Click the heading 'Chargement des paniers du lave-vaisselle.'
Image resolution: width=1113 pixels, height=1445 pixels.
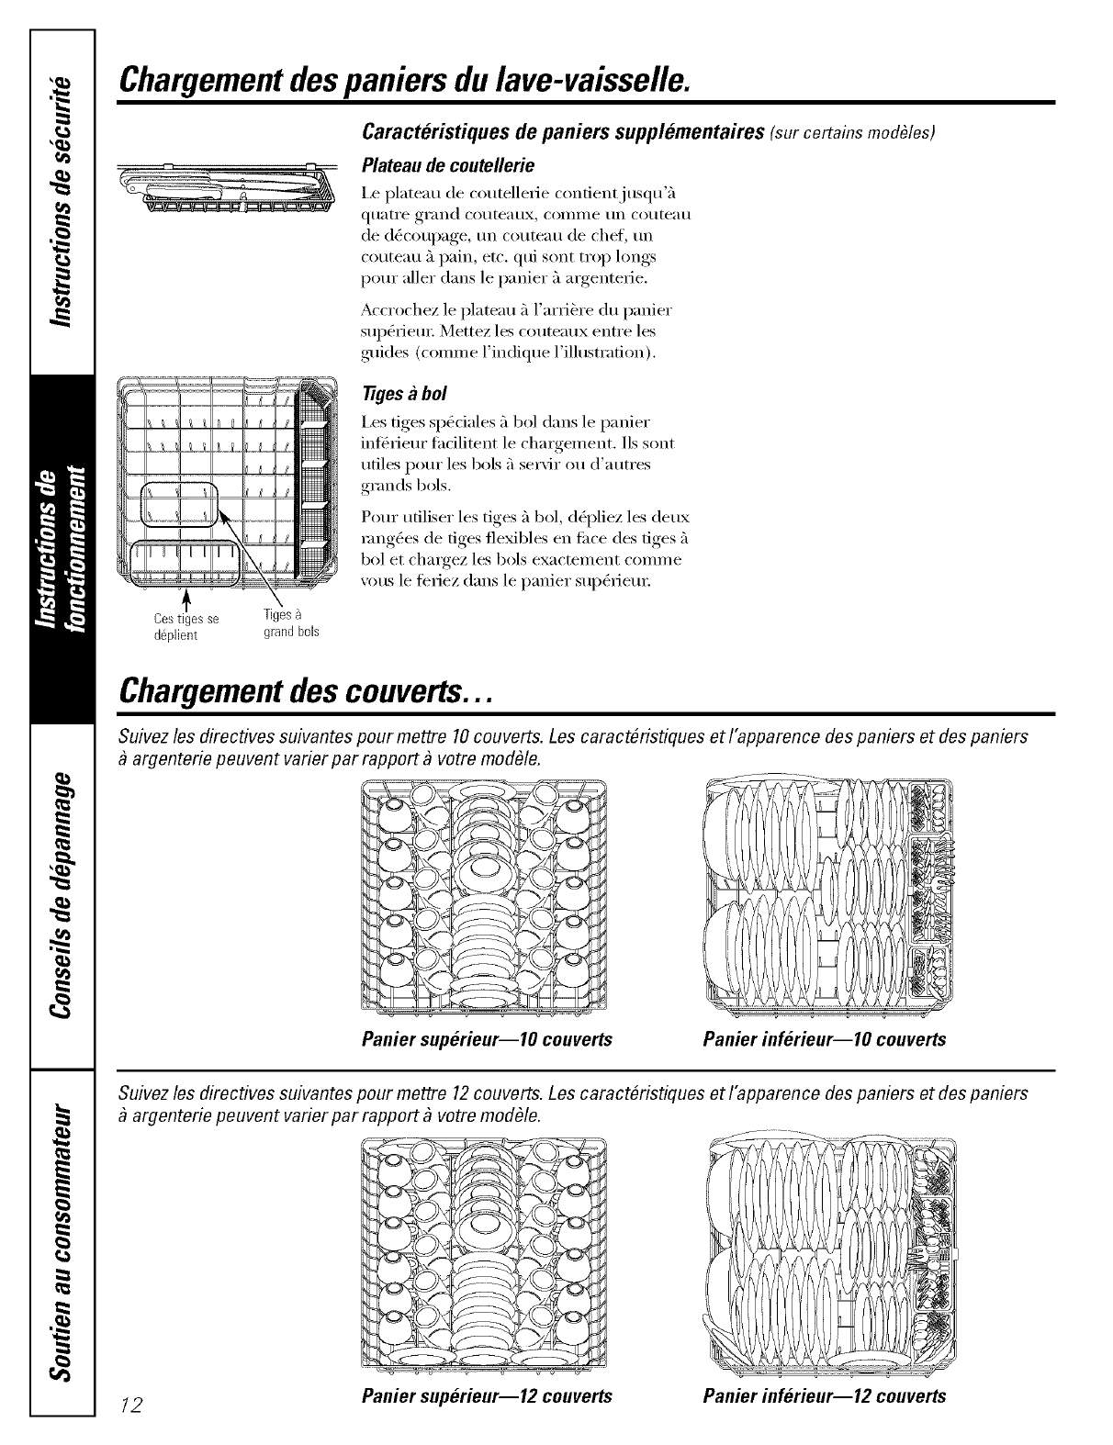404,81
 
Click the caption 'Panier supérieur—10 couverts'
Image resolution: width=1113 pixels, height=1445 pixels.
487,1040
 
